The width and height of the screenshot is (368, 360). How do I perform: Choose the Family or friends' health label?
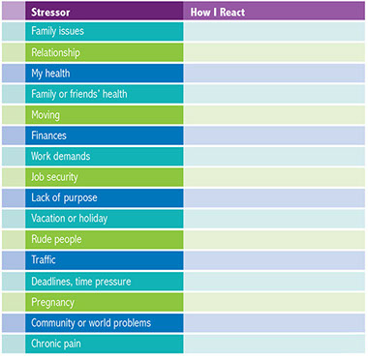pos(79,94)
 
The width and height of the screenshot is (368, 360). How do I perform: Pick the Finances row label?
pos(49,135)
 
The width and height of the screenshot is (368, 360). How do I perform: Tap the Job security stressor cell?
pos(55,177)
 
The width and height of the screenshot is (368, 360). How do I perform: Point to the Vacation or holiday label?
pos(70,219)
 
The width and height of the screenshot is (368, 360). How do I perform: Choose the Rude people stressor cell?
pos(56,239)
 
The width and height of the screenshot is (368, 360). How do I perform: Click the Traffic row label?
pos(46,260)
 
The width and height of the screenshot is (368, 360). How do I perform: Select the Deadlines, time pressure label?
pos(80,281)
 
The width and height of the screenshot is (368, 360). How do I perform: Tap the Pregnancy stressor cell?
pos(52,302)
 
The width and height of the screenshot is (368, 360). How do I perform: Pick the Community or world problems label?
pos(90,322)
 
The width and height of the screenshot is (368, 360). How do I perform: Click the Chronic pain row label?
pos(57,344)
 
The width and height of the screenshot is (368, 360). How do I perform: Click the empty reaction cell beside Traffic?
pos(275,260)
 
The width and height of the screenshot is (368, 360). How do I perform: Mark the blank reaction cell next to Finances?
pos(275,135)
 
